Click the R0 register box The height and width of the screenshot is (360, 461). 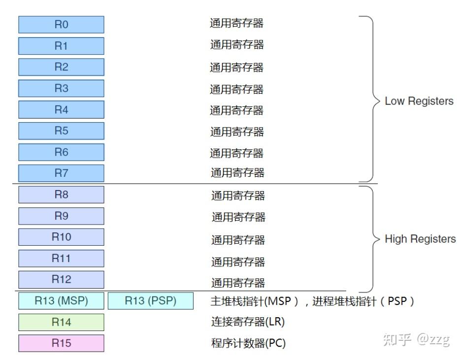(61, 25)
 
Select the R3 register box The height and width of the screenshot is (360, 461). (61, 88)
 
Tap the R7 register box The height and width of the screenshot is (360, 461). (61, 173)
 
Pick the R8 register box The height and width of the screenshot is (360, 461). (61, 195)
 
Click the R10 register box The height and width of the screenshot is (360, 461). (61, 237)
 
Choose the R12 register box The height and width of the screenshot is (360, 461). (61, 279)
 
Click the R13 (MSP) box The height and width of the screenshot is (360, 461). (61, 301)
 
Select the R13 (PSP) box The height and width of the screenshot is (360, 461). (150, 301)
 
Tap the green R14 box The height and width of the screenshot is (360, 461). (61, 322)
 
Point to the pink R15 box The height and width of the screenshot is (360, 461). (61, 343)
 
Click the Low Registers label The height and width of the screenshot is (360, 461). (419, 101)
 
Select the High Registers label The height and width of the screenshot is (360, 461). (420, 239)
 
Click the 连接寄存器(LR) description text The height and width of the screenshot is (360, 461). (248, 323)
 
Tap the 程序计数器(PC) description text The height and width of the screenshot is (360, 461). (248, 343)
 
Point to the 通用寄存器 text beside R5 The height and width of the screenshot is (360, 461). (237, 131)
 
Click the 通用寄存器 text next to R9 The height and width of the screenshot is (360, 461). (238, 217)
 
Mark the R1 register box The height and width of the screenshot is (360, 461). (61, 46)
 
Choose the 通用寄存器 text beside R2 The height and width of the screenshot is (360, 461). (237, 67)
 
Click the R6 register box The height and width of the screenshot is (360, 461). (61, 152)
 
